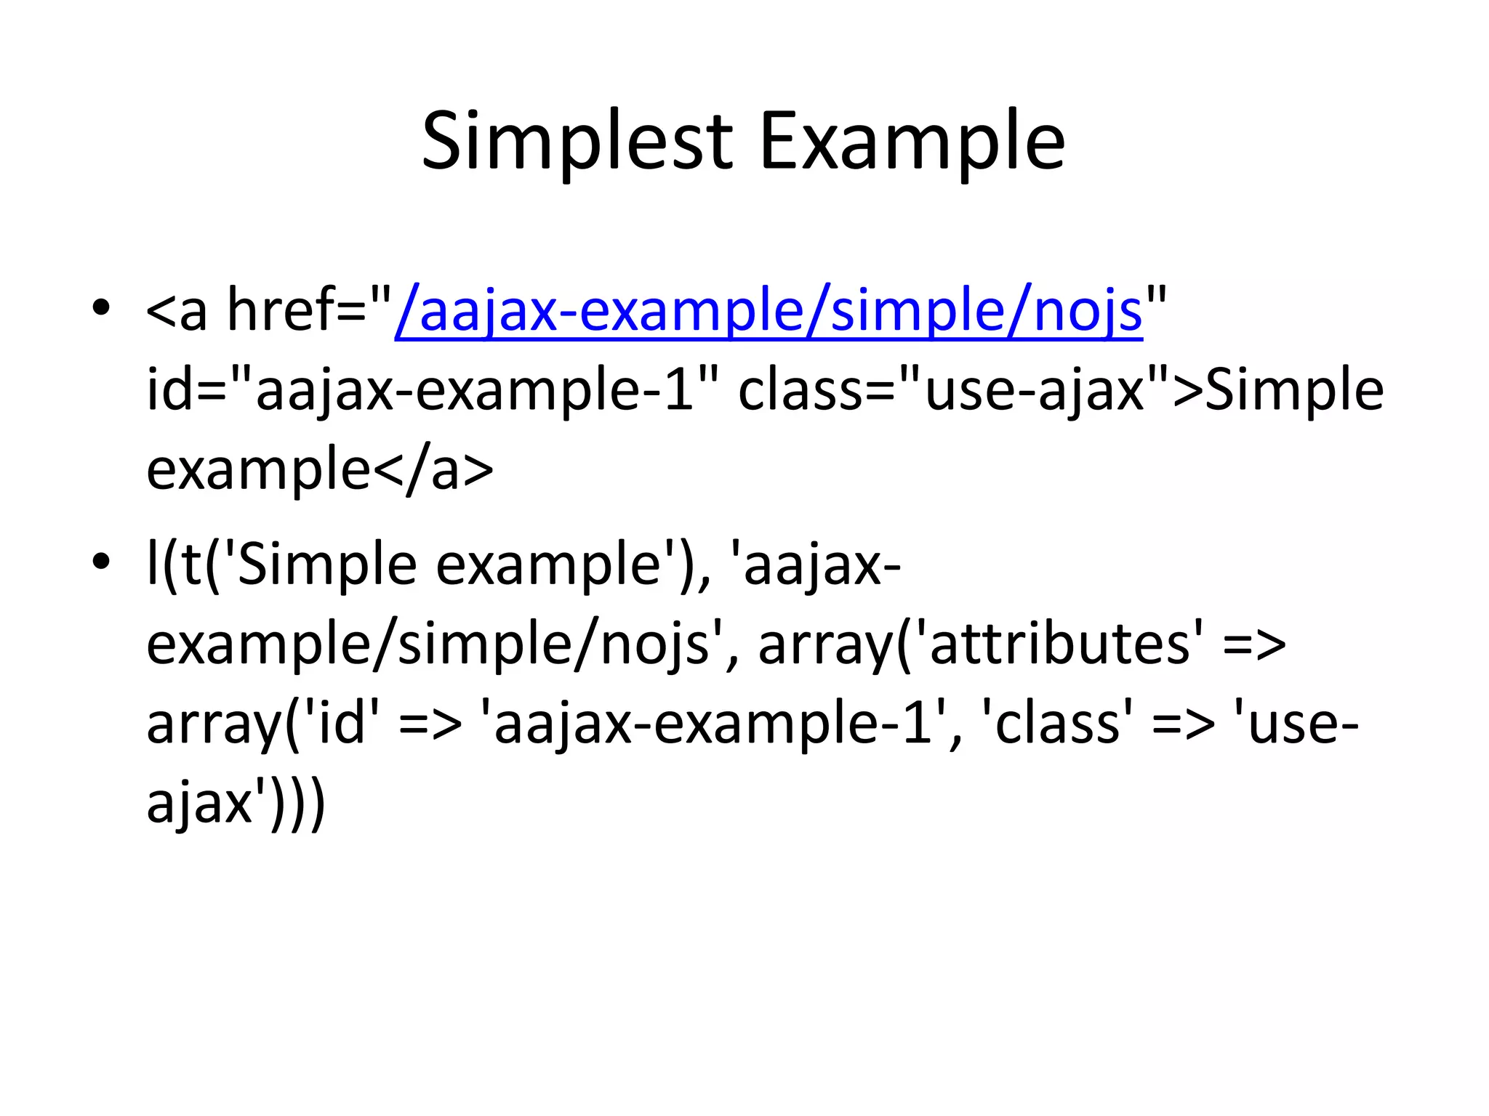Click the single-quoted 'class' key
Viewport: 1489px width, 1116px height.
(1057, 724)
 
